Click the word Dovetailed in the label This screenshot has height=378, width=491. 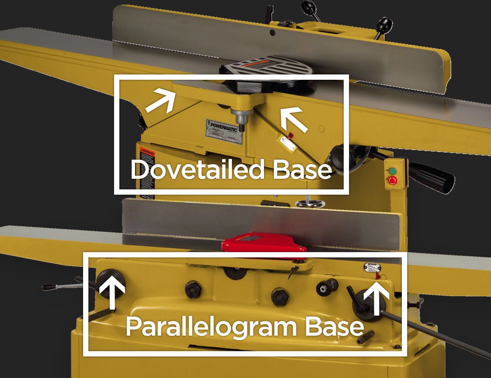(197, 170)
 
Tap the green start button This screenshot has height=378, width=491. (393, 170)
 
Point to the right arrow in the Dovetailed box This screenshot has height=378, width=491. (294, 119)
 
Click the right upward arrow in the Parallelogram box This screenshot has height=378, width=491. (376, 300)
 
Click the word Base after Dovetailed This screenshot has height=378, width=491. (302, 170)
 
